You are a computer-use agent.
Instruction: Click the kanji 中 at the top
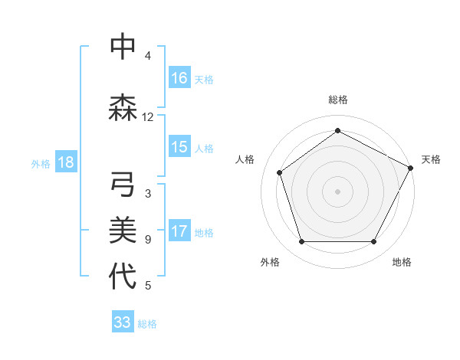pos(123,47)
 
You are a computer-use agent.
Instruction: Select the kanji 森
pos(123,107)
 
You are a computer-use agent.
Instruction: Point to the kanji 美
pos(123,230)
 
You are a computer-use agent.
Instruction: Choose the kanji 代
pos(123,277)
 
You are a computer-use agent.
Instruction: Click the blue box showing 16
pos(179,77)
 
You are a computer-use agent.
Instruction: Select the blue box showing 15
pos(179,147)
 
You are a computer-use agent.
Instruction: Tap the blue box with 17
pos(179,231)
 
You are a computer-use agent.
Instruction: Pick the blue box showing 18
pos(65,162)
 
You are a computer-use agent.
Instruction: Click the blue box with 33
pos(123,322)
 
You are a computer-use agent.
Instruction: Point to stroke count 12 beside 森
pos(148,117)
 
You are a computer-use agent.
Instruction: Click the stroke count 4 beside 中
pos(148,56)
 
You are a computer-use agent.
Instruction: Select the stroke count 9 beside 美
pos(148,240)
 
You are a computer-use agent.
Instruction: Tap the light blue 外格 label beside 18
pos(41,163)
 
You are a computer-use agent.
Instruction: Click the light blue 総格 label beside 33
pos(148,324)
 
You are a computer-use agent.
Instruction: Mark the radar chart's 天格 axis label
pos(431,159)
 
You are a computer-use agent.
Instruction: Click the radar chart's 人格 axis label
pos(245,159)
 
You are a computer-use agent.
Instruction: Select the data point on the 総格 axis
pos(337,130)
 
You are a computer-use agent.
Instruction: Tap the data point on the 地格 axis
pos(374,242)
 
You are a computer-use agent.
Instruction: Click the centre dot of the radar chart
pos(337,191)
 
